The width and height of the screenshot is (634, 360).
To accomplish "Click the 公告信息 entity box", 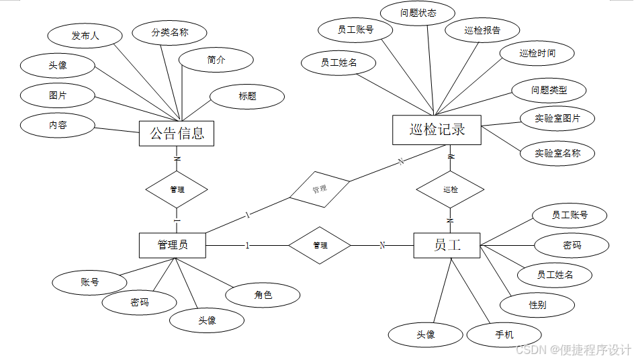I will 177,133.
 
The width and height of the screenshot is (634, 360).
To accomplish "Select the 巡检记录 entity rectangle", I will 437,130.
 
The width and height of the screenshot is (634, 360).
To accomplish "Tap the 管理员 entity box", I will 173,245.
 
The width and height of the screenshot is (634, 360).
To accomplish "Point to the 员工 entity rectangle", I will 447,245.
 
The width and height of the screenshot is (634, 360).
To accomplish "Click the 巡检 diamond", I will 451,189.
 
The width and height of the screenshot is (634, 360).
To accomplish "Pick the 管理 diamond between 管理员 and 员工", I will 320,245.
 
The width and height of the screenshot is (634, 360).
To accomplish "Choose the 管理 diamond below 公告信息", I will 177,189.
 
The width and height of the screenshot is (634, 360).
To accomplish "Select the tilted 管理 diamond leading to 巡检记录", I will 320,189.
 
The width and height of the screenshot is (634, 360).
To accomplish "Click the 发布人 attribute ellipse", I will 85,36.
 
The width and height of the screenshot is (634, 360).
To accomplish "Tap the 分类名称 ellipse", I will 169,32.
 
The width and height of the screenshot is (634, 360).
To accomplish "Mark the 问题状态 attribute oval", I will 418,13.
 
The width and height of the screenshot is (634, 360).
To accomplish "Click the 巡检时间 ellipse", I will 537,53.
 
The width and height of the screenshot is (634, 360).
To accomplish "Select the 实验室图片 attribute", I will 557,119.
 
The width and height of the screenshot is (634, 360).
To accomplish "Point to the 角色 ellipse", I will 263,294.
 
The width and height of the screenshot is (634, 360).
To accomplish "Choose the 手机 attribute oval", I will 504,334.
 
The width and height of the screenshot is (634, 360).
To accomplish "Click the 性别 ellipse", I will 537,305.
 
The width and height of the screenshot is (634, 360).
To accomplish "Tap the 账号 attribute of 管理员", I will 89,282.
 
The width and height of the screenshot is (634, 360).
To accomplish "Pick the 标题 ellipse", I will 247,96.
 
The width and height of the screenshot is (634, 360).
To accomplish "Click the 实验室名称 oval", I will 557,153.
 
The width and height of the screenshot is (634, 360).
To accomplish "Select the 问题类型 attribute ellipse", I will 549,89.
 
